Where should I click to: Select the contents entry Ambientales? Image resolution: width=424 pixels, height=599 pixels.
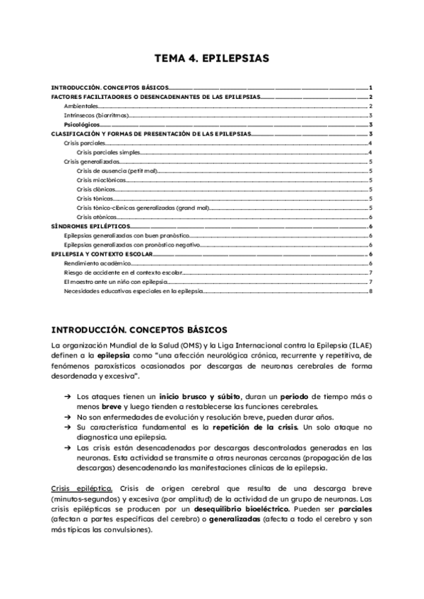click(81, 106)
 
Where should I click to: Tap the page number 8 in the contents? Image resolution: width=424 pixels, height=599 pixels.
click(370, 291)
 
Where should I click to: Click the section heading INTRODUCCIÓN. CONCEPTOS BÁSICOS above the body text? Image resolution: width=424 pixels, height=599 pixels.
click(139, 329)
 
